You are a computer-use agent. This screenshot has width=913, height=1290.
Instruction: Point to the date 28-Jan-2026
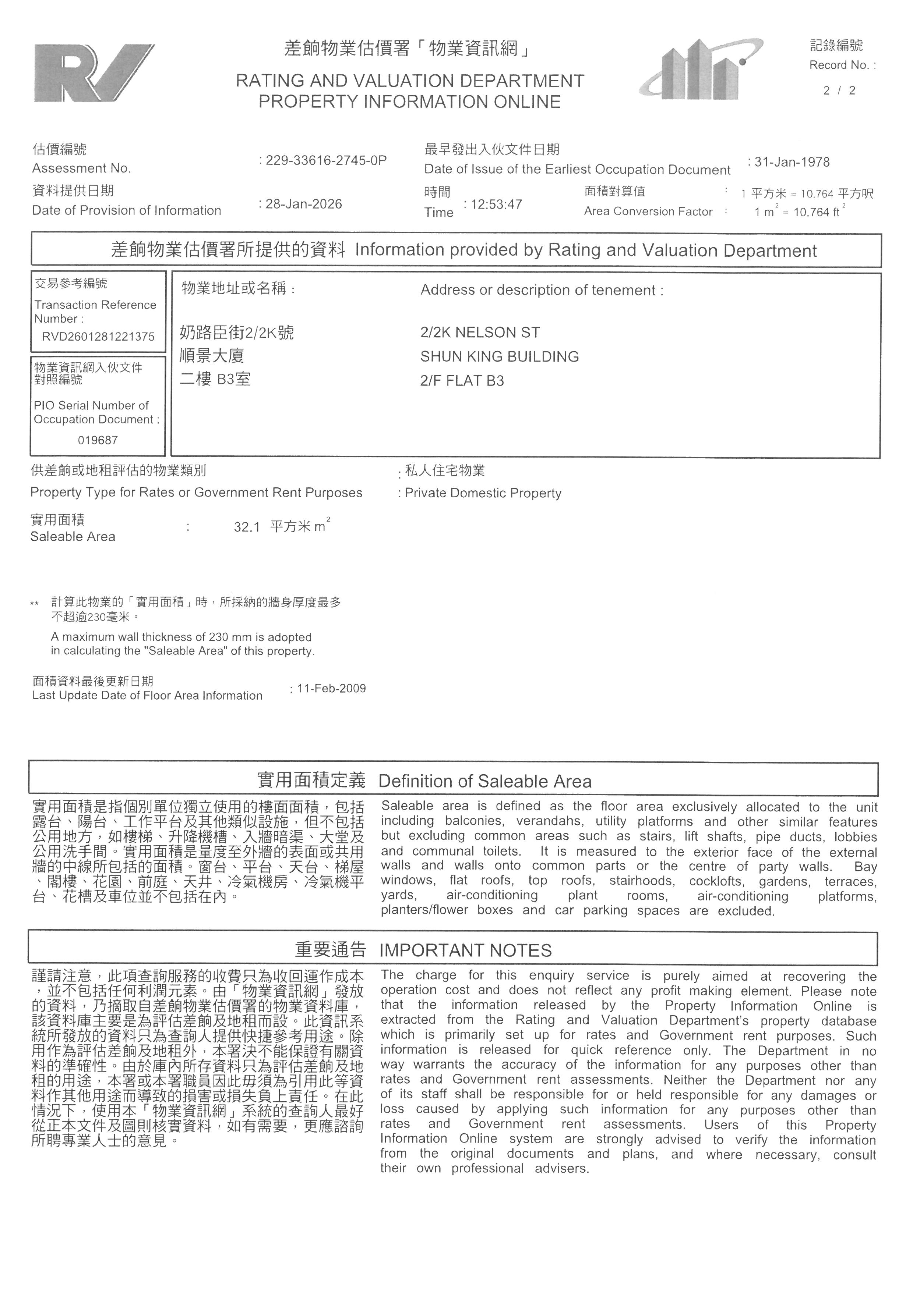click(304, 204)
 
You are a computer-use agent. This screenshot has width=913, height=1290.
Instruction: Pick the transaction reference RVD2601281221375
click(98, 337)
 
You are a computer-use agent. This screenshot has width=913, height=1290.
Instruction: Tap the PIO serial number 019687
click(98, 440)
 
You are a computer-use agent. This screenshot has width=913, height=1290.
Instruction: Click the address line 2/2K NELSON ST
click(480, 333)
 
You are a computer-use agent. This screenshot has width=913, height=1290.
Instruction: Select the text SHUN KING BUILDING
click(499, 357)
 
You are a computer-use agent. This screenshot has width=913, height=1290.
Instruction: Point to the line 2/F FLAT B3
click(462, 381)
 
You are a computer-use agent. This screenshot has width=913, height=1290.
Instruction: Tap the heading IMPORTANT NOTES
click(465, 950)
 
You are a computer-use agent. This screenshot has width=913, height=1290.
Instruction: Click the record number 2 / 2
click(839, 90)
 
